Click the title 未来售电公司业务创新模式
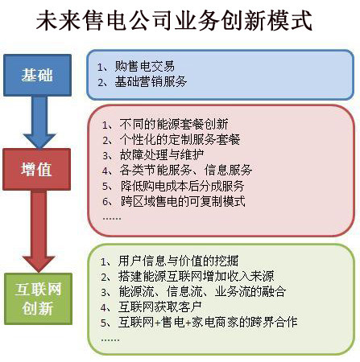pos(174,20)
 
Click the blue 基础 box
pos(37,75)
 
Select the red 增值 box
pos(37,169)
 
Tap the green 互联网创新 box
pos(38,298)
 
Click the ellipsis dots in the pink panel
pos(112,218)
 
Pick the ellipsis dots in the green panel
pos(110,340)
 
